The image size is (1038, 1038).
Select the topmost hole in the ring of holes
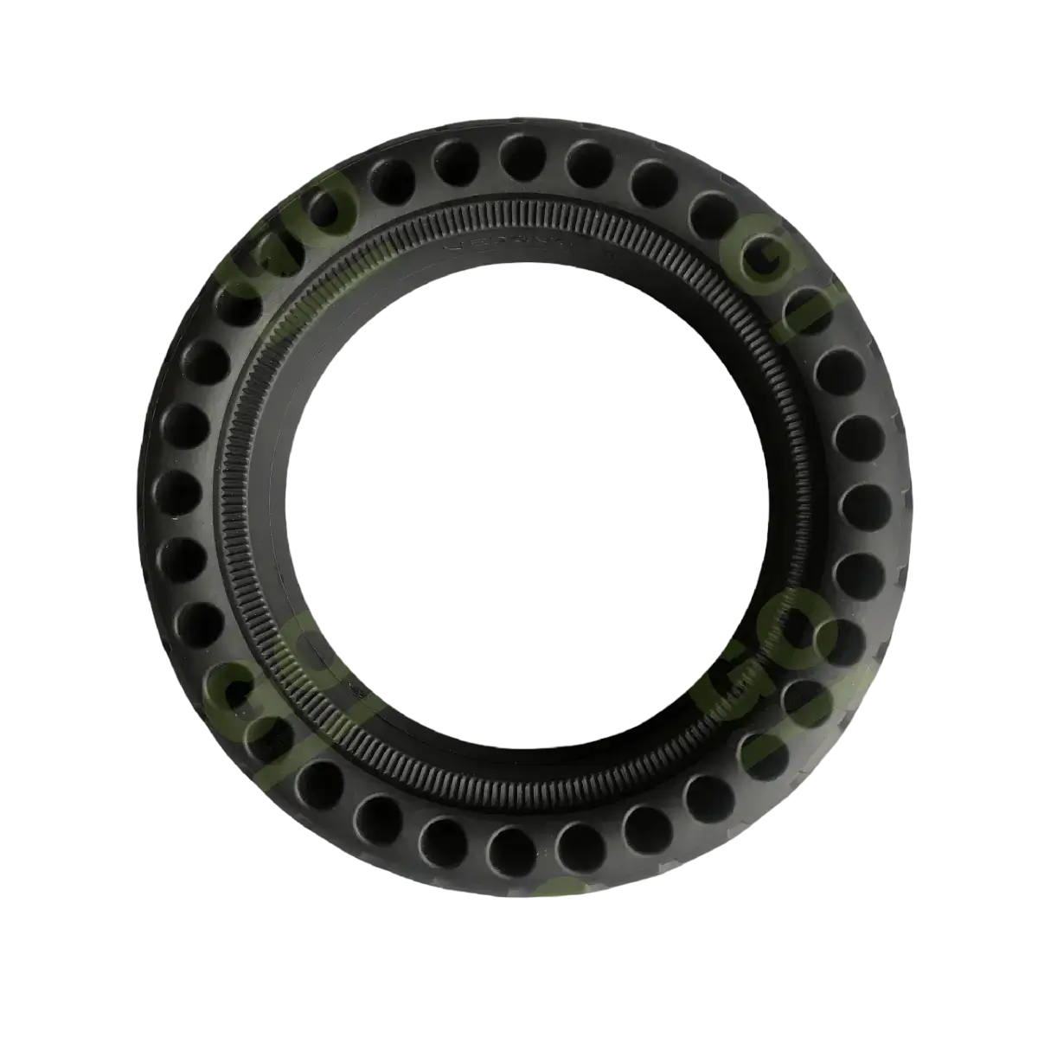(522, 156)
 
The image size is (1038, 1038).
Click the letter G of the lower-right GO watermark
(718, 692)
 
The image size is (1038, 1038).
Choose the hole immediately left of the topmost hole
(456, 161)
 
